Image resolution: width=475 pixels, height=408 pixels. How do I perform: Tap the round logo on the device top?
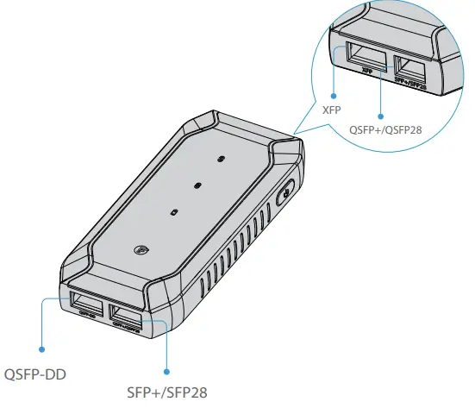(x=143, y=251)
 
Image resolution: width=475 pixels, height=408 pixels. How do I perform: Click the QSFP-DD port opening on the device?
(x=85, y=303)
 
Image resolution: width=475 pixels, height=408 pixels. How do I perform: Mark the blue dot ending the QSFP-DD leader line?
(x=41, y=349)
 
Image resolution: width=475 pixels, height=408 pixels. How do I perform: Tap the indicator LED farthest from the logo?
(x=221, y=159)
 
